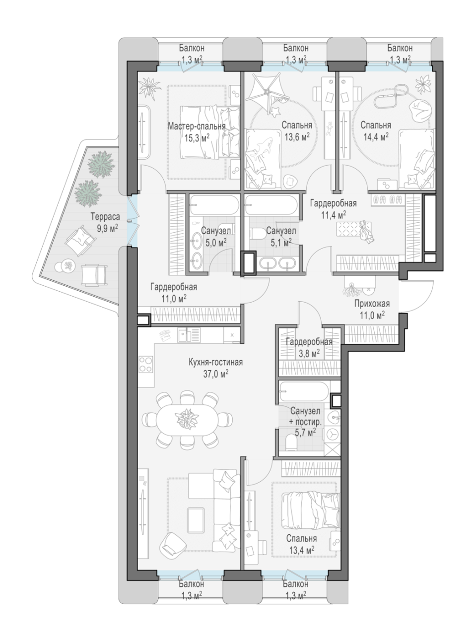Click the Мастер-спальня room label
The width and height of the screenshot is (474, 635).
point(197,127)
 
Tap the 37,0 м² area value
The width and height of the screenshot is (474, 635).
point(215,375)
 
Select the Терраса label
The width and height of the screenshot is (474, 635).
point(105,216)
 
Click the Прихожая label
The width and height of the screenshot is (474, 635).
point(372,304)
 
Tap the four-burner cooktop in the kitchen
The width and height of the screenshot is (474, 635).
point(146,364)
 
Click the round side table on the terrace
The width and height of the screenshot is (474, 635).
point(69,264)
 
